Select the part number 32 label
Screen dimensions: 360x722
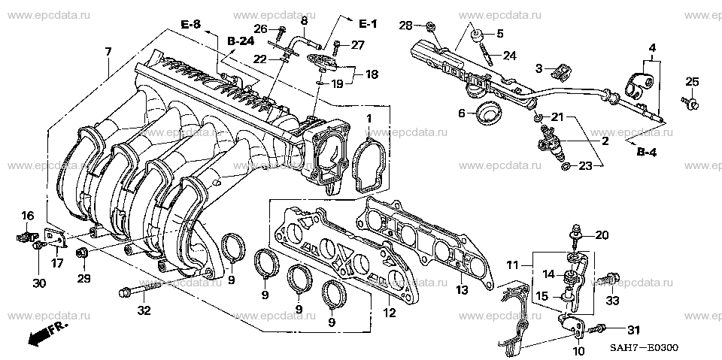tap(144, 310)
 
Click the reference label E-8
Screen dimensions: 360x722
tap(191, 26)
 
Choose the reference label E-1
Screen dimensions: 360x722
tap(368, 25)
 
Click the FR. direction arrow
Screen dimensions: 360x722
tap(44, 335)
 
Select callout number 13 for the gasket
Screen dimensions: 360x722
tap(461, 290)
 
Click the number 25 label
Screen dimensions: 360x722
tap(692, 81)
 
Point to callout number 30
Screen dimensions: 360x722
tap(39, 283)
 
